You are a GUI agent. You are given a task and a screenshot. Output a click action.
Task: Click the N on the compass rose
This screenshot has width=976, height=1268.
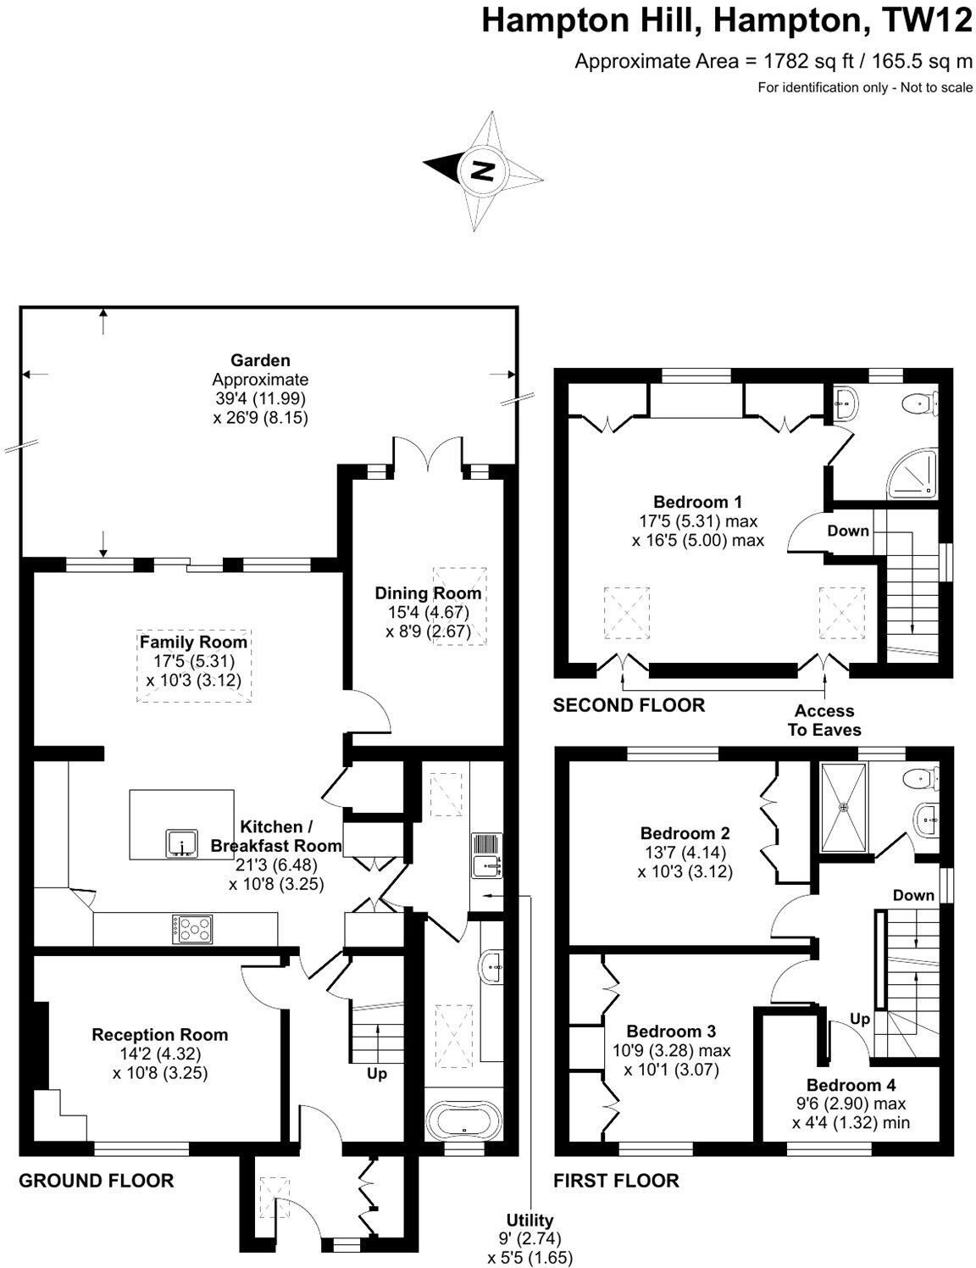482,170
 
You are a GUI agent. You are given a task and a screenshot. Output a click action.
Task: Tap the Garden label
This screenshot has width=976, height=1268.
260,361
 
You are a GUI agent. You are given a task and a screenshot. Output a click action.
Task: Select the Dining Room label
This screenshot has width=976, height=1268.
428,593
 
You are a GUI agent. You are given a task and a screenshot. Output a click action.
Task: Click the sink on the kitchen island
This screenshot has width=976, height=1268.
182,844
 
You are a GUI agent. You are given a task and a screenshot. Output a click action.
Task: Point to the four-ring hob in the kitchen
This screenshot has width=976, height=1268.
194,929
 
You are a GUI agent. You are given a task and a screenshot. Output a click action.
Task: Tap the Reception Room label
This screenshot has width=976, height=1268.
159,1035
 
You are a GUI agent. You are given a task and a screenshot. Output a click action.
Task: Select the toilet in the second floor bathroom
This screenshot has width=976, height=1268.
919,403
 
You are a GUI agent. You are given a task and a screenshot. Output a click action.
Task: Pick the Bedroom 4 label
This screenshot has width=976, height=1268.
851,1086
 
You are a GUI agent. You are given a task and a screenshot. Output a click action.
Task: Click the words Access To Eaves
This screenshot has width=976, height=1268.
824,720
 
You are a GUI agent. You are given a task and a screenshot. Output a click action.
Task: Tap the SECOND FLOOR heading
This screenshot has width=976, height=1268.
629,705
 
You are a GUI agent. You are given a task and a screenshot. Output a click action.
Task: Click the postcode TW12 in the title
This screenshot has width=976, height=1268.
926,20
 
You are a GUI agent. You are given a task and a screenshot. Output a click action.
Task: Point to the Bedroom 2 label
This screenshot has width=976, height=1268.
685,833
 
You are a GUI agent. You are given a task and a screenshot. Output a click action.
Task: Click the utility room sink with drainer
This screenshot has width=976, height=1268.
486,856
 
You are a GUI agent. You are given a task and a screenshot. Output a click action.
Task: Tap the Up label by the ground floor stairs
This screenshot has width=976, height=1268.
377,1074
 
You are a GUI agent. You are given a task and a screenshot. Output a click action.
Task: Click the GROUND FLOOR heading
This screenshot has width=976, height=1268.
97,1181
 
